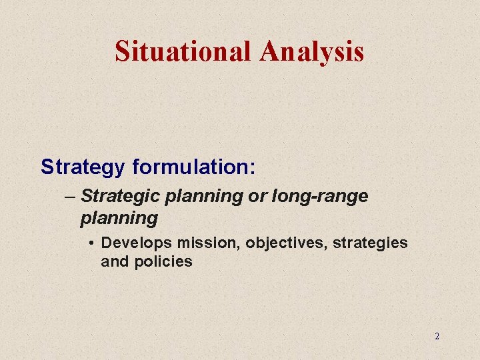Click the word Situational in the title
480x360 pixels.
tap(183, 51)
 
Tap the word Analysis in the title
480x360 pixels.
tap(313, 51)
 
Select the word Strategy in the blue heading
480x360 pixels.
tap(82, 167)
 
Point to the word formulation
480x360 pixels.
tap(191, 167)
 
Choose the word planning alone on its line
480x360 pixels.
tap(119, 218)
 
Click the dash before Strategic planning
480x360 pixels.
tap(71, 197)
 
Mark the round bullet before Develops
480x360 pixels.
tap(91, 243)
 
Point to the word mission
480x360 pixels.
tap(207, 243)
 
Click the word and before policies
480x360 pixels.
tap(114, 261)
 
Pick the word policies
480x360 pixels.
tap(163, 261)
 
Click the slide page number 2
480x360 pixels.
tap(437, 336)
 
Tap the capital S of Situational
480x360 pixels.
tap(122, 51)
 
